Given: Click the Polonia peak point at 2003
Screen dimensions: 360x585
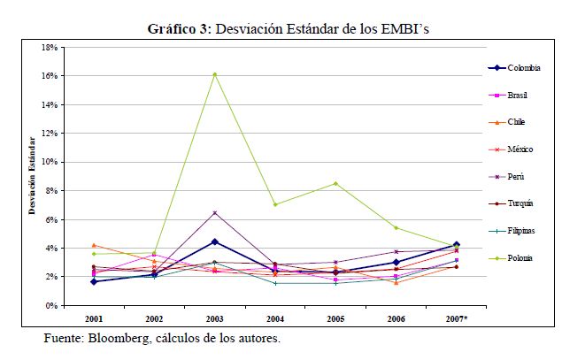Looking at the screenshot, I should [214, 74].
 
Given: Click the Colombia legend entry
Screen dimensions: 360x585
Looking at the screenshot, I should [524, 68].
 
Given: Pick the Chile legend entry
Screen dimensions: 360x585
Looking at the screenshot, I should [518, 122].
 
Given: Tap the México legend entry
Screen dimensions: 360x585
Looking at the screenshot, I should [520, 149].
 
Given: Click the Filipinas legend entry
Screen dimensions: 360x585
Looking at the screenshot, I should [522, 231].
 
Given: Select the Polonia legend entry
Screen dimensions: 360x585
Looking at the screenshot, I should [520, 258].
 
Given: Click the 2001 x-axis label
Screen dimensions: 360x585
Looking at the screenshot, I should [94, 317].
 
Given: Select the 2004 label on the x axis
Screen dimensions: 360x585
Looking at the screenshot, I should [274, 317].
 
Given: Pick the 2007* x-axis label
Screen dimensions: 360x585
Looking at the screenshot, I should [455, 317].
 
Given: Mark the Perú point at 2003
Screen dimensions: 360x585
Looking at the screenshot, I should [214, 212].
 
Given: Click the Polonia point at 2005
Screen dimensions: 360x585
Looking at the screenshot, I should [335, 183].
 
